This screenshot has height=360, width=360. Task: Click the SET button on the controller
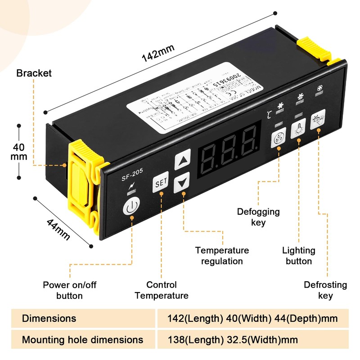[160, 183]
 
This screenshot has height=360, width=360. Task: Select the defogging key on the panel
[279, 139]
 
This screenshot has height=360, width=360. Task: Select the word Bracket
[34, 73]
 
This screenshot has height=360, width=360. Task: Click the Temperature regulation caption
[222, 256]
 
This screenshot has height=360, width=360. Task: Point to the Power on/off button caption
[69, 290]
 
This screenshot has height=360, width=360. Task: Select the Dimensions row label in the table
[49, 318]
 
